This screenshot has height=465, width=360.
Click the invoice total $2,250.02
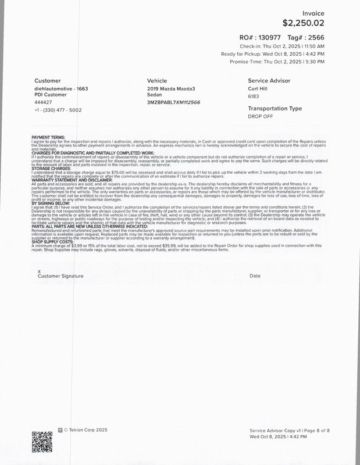click(x=304, y=23)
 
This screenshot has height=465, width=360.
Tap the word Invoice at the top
click(x=313, y=13)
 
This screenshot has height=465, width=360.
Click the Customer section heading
click(x=48, y=80)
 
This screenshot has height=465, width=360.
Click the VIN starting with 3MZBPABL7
click(x=174, y=102)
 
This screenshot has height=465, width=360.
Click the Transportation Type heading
click(x=275, y=109)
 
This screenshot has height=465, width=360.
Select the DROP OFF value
click(x=261, y=116)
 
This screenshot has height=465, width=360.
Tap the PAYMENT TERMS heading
click(x=49, y=137)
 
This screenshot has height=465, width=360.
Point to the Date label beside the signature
click(x=255, y=276)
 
